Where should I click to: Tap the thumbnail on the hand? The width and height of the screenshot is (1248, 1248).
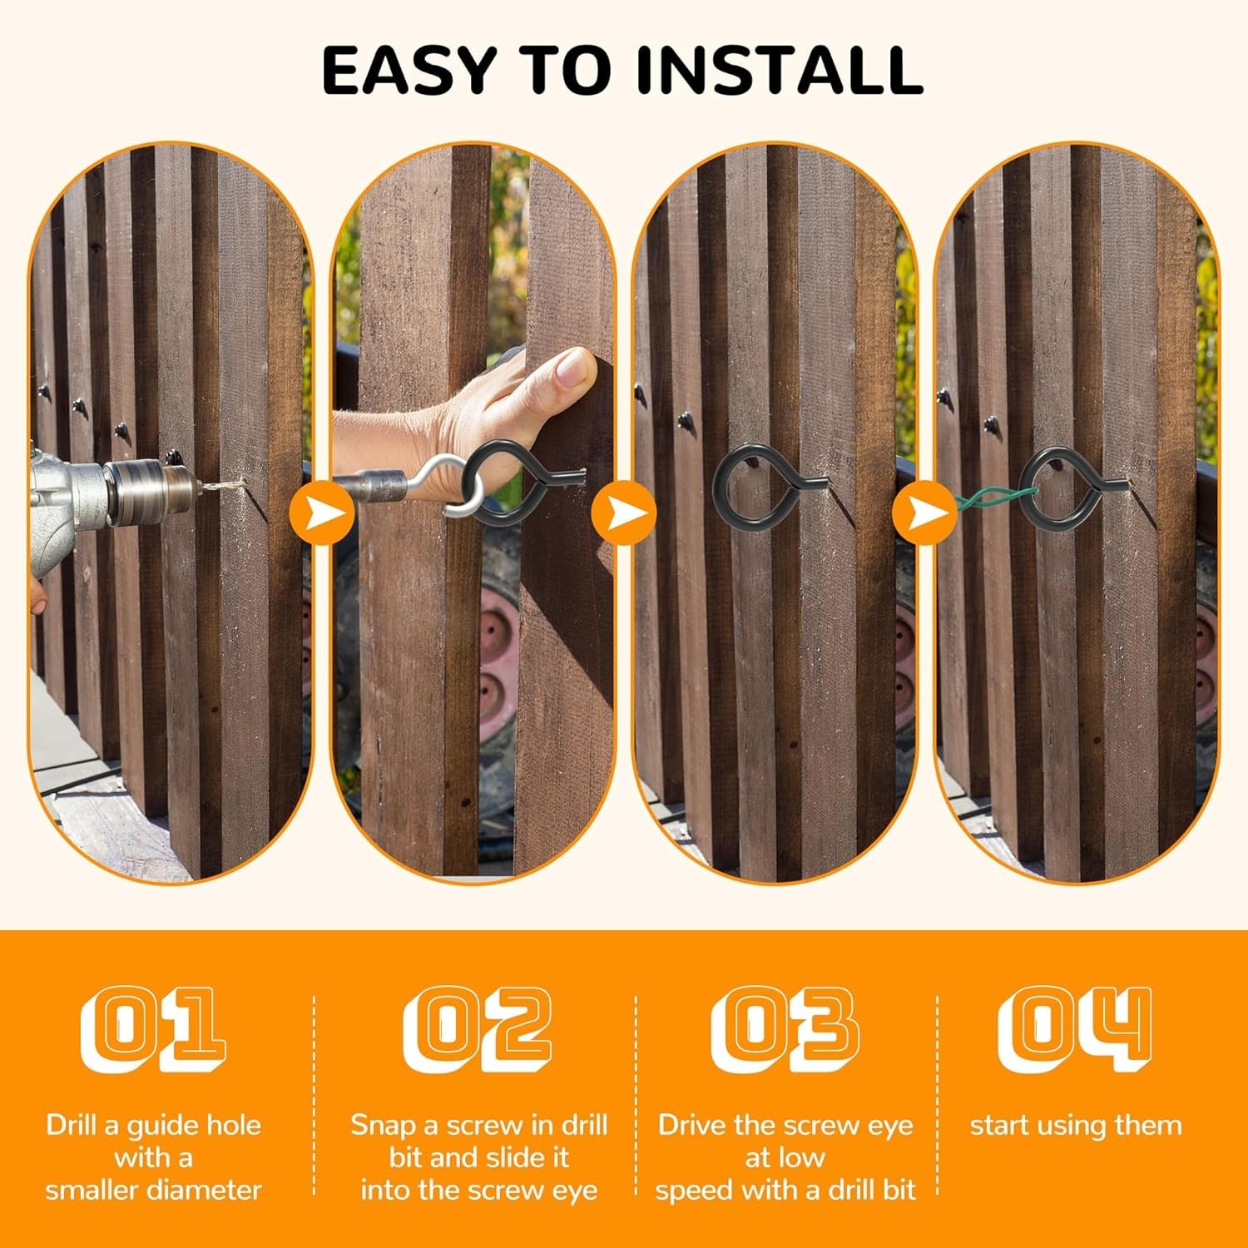point(573,368)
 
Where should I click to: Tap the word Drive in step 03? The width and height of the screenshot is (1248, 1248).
point(694,1126)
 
